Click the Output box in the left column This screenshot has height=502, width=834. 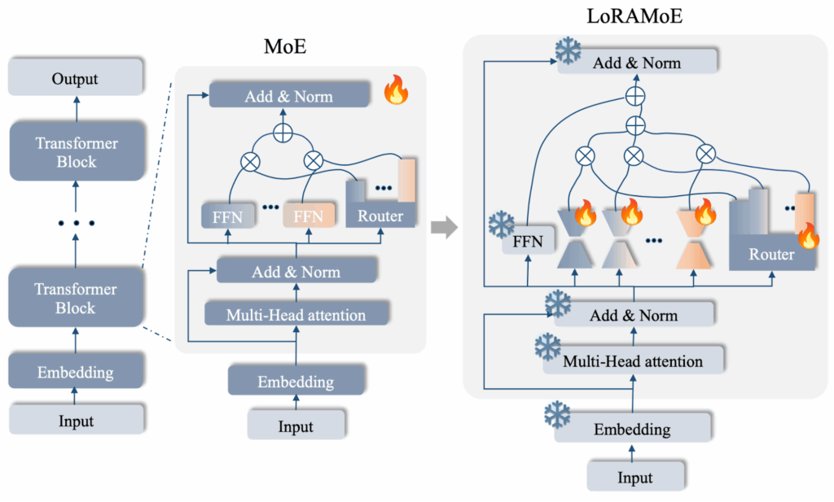pyautogui.click(x=75, y=79)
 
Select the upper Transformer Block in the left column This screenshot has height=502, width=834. pyautogui.click(x=76, y=153)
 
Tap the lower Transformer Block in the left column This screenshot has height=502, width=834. pyautogui.click(x=76, y=299)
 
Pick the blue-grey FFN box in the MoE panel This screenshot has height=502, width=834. pyautogui.click(x=227, y=216)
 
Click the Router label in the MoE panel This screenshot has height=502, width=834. pyautogui.click(x=380, y=216)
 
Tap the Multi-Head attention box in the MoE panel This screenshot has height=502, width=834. pyautogui.click(x=296, y=314)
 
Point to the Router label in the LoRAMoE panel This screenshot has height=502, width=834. pyautogui.click(x=771, y=255)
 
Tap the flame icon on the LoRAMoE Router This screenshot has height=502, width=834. pyautogui.click(x=808, y=237)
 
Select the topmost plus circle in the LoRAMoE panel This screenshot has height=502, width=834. pyautogui.click(x=635, y=96)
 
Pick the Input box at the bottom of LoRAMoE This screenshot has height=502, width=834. pyautogui.click(x=635, y=476)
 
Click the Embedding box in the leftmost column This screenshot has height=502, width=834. pyautogui.click(x=75, y=373)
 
